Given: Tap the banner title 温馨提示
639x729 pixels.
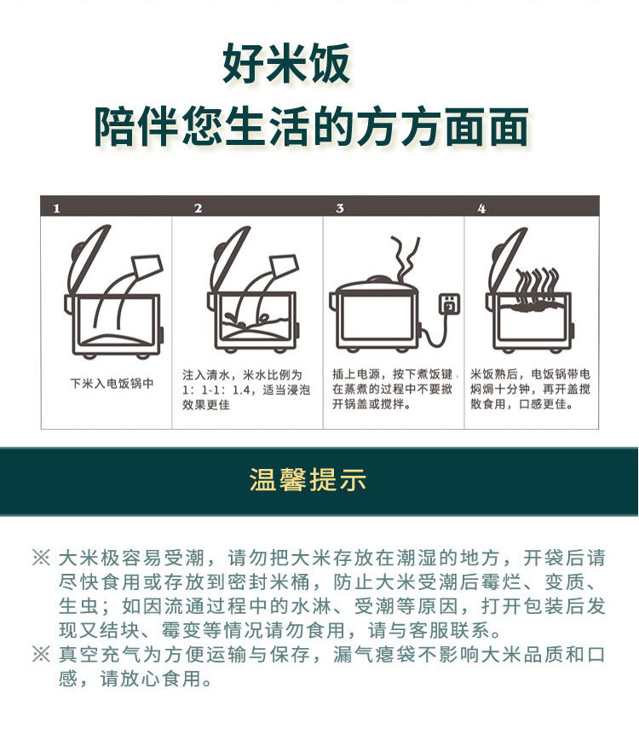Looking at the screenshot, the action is (x=308, y=479).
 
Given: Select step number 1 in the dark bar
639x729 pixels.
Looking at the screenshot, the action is (x=56, y=208).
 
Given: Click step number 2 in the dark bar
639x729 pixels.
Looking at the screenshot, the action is (x=199, y=208).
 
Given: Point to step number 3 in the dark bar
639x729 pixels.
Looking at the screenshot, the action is (x=340, y=208).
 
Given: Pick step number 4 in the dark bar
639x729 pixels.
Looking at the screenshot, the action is (x=481, y=208).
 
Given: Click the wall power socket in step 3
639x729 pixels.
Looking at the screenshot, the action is (x=449, y=304).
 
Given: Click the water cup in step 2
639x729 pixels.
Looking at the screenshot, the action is (x=283, y=266).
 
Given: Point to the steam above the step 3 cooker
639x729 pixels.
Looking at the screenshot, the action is (x=403, y=258).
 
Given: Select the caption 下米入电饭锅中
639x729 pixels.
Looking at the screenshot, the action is (x=112, y=384).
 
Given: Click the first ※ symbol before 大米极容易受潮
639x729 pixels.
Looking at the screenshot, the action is (x=41, y=558).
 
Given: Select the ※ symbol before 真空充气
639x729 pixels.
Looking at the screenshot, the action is (x=41, y=654).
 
